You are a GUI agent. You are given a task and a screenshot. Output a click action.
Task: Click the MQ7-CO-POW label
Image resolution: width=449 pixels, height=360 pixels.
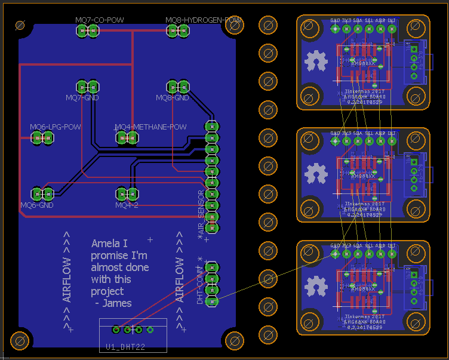[100, 20]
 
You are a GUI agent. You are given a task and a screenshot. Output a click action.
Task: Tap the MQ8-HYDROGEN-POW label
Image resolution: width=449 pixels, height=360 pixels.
[204, 20]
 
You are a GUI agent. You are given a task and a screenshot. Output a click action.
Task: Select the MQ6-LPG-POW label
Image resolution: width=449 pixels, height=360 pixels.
[56, 127]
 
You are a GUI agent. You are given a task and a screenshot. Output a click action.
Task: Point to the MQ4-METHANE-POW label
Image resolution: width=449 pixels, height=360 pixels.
[150, 127]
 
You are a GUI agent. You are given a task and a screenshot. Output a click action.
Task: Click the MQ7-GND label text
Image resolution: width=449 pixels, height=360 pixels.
[82, 97]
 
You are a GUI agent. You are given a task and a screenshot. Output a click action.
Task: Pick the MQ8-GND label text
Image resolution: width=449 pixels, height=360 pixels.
[173, 97]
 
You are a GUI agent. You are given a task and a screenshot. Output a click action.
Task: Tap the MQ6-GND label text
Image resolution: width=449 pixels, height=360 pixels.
[37, 205]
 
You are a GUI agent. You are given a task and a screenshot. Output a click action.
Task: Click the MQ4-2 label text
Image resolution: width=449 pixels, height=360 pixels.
[127, 205]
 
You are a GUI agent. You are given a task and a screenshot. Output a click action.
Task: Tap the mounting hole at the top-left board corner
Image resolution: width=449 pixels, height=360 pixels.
[20, 26]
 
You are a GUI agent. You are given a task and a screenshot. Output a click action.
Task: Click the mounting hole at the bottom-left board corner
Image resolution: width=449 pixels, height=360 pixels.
[20, 341]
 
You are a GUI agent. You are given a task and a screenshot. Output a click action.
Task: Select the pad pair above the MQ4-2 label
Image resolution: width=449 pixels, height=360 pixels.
[126, 193]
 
